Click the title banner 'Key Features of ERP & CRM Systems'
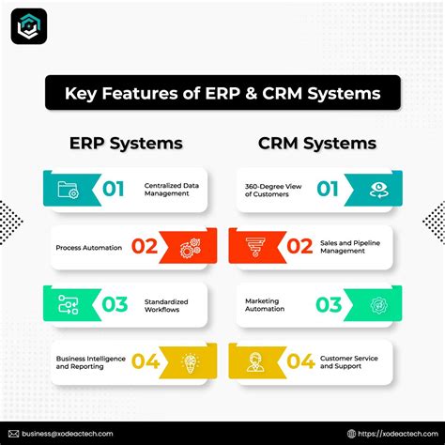point(222,94)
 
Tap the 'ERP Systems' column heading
point(126,144)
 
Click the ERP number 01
point(114,190)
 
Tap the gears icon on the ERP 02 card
point(189,248)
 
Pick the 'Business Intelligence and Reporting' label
point(83,361)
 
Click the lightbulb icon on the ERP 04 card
point(189,361)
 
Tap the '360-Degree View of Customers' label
point(274,190)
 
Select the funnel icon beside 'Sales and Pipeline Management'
point(255,247)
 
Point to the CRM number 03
point(329,304)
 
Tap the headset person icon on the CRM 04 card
point(255,361)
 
